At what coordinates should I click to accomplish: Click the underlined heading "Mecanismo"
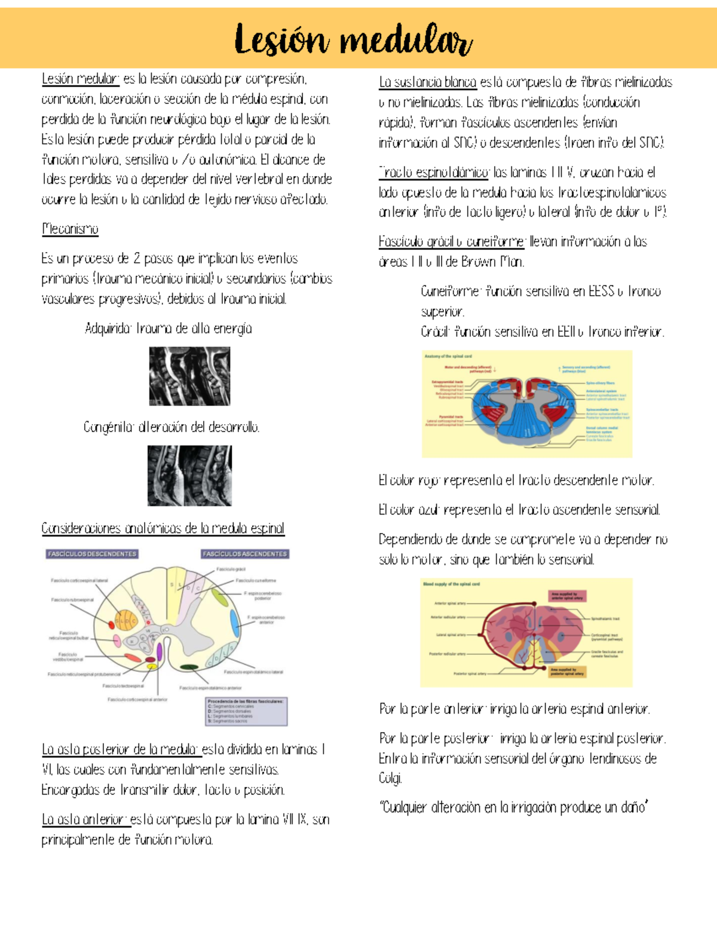[70, 229]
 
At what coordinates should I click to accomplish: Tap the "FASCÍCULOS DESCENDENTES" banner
[92, 554]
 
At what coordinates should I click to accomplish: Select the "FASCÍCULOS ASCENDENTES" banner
[245, 554]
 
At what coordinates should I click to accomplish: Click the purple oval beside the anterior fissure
[160, 651]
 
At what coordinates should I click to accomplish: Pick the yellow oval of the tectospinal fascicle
[152, 666]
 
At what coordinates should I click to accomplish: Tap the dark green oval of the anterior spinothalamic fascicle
[189, 667]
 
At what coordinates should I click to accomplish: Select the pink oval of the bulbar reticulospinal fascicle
[117, 641]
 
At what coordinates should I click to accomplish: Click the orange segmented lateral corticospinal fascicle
[126, 620]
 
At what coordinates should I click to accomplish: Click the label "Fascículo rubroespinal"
[72, 599]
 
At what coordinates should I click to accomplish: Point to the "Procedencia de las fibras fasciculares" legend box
[246, 711]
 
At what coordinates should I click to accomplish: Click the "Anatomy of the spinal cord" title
[448, 356]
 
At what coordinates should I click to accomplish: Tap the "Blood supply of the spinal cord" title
[451, 584]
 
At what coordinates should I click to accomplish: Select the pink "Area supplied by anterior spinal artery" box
[566, 596]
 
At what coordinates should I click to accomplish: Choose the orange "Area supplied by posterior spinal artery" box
[566, 672]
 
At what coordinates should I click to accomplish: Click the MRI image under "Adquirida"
[189, 377]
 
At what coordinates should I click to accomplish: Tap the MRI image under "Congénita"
[189, 476]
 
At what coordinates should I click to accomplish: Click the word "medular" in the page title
[406, 41]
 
